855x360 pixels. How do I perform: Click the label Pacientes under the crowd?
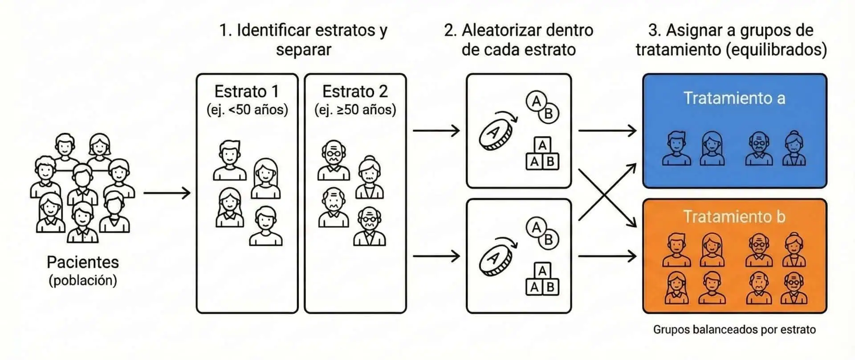point(83,262)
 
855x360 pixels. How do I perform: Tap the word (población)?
point(83,280)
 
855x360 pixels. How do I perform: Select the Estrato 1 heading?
point(247,91)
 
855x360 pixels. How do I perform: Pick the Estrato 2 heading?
point(355,91)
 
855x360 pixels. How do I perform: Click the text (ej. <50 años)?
point(247,110)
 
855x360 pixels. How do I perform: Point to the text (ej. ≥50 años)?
point(355,110)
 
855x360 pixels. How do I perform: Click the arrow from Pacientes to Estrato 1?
point(167,193)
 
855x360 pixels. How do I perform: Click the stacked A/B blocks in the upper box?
point(542,154)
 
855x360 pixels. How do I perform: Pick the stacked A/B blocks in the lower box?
point(542,279)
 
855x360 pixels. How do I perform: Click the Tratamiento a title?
point(734,98)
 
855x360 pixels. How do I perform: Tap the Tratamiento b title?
point(734,217)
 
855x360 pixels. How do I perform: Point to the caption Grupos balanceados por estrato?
point(734,330)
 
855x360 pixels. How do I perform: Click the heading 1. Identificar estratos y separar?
point(303,40)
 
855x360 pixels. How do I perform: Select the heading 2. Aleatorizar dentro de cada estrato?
point(518,40)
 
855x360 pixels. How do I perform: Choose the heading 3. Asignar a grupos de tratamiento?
point(731,40)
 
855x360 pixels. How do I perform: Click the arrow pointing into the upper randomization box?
point(436,131)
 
